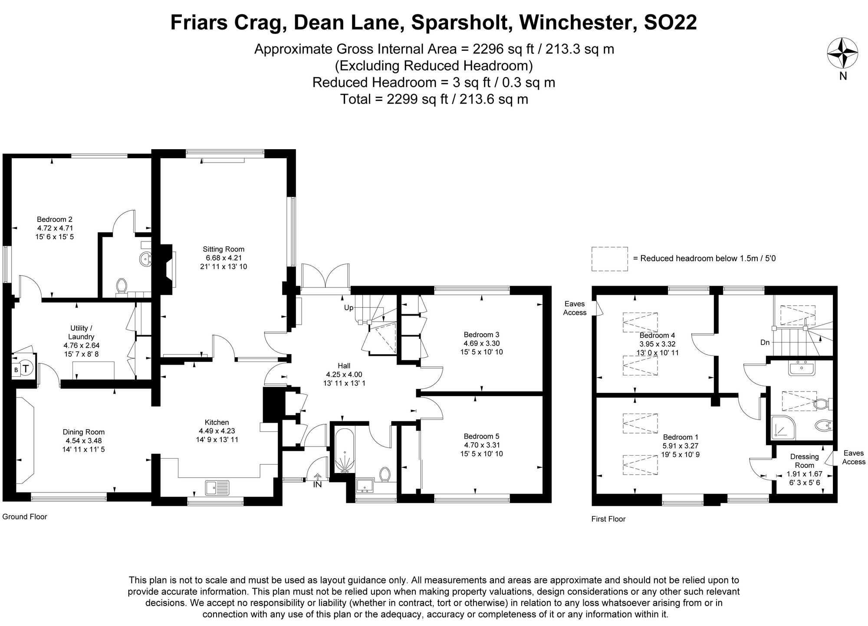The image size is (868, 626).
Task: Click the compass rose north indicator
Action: pyautogui.click(x=842, y=53)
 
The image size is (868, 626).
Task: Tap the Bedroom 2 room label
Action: pyautogui.click(x=55, y=219)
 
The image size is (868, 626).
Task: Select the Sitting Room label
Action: pyautogui.click(x=224, y=249)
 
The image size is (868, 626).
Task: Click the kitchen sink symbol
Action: pyautogui.click(x=217, y=487)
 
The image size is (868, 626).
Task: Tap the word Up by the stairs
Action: pyautogui.click(x=349, y=307)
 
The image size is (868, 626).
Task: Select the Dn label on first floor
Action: pyautogui.click(x=765, y=342)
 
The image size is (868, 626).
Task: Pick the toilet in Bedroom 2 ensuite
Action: pyautogui.click(x=122, y=286)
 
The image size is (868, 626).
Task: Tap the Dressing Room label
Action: pyautogui.click(x=804, y=461)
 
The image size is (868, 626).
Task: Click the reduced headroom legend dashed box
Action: pyautogui.click(x=609, y=259)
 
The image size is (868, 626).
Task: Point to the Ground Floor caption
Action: pyautogui.click(x=25, y=517)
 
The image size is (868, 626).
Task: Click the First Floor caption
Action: pyautogui.click(x=608, y=519)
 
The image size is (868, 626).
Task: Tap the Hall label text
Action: pyautogui.click(x=344, y=366)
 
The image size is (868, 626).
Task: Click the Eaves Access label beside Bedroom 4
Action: pyautogui.click(x=574, y=308)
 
